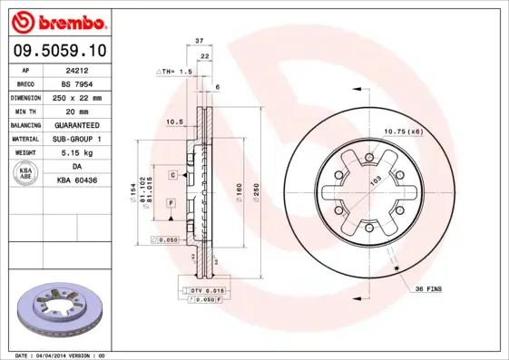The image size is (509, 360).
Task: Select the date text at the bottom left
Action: tap(61, 355)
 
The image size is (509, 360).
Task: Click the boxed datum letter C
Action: tap(171, 173)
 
